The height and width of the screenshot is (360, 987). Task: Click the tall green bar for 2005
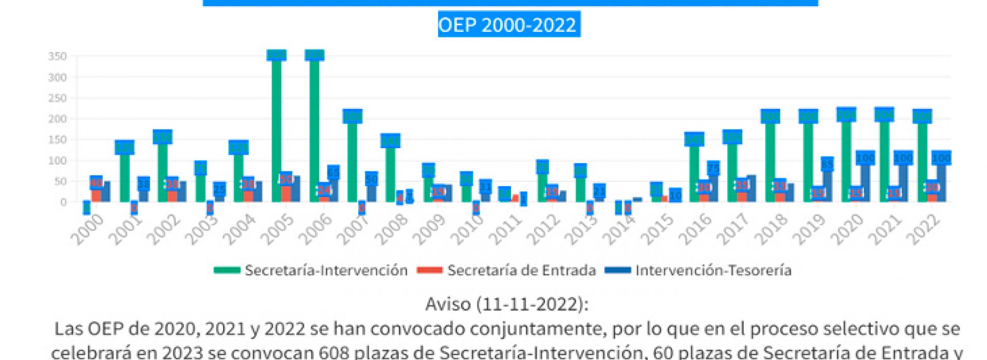coord(277,129)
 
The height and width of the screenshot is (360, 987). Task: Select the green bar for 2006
coord(314,129)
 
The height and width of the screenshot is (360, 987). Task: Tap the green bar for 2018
coord(770,159)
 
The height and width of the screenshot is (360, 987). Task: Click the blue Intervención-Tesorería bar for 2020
coord(865,180)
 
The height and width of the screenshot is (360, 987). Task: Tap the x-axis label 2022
coord(924,229)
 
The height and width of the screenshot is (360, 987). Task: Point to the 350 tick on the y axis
coord(58,56)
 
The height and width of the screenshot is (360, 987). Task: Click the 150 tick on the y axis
coord(58,139)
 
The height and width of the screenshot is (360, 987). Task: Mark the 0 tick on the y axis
coord(63,202)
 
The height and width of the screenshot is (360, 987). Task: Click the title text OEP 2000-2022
coord(507,25)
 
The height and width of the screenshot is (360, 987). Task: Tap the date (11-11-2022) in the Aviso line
coord(531,304)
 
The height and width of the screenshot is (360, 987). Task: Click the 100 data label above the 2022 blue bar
coord(942,158)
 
